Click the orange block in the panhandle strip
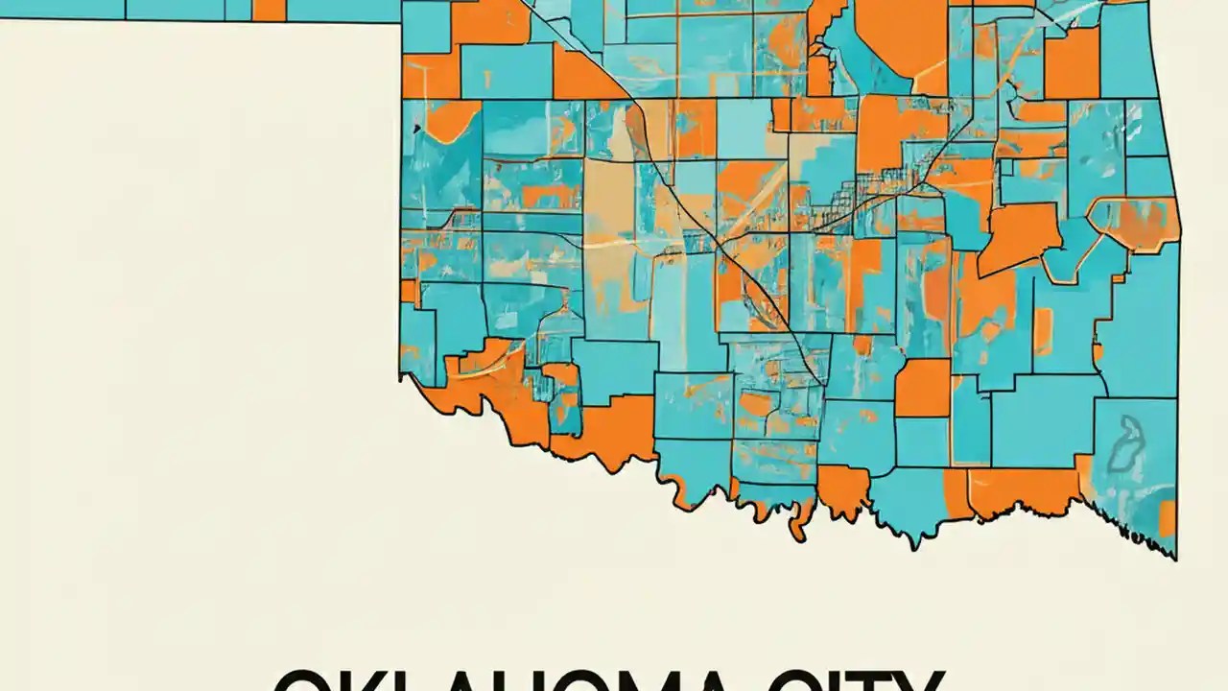270,10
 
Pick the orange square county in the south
922,387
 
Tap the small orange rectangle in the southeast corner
1167,518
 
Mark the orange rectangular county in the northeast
1072,63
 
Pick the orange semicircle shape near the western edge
451,117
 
